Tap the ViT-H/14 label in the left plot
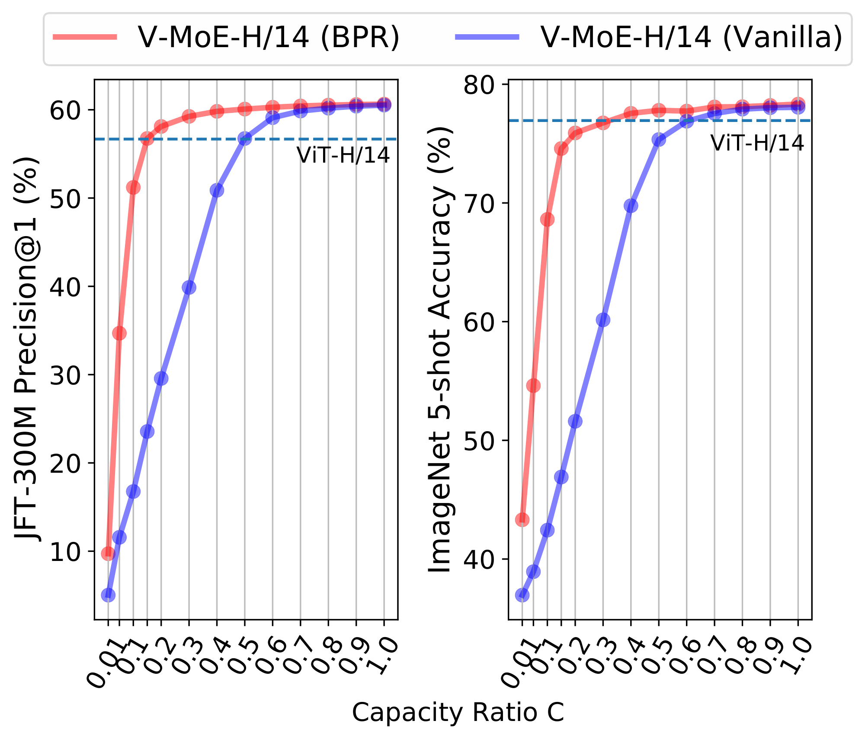343,155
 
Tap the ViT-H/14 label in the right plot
757,143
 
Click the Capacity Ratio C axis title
458,712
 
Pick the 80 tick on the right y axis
479,85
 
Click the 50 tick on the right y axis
479,441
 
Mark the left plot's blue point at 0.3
189,287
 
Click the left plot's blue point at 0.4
217,190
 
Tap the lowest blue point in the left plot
108,595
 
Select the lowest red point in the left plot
108,553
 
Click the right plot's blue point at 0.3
603,320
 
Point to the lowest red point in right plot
522,520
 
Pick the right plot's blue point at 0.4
631,205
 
